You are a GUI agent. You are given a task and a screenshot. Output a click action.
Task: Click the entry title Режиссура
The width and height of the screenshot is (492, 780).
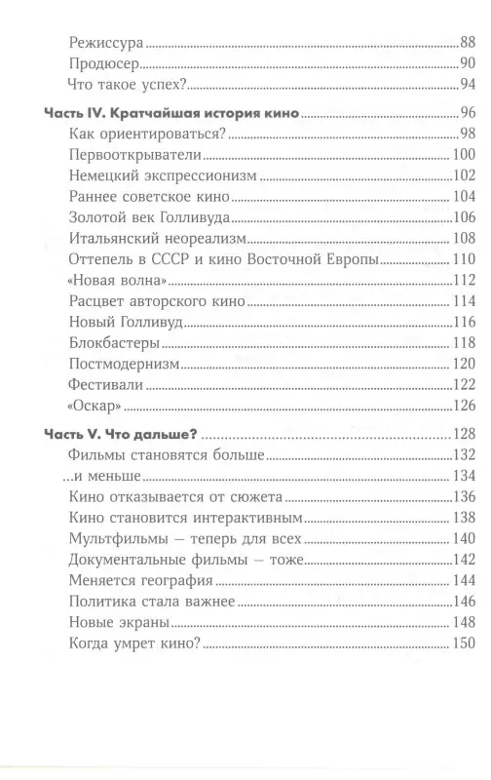(107, 43)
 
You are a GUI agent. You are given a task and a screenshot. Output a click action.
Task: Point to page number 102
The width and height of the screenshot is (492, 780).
(463, 175)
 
